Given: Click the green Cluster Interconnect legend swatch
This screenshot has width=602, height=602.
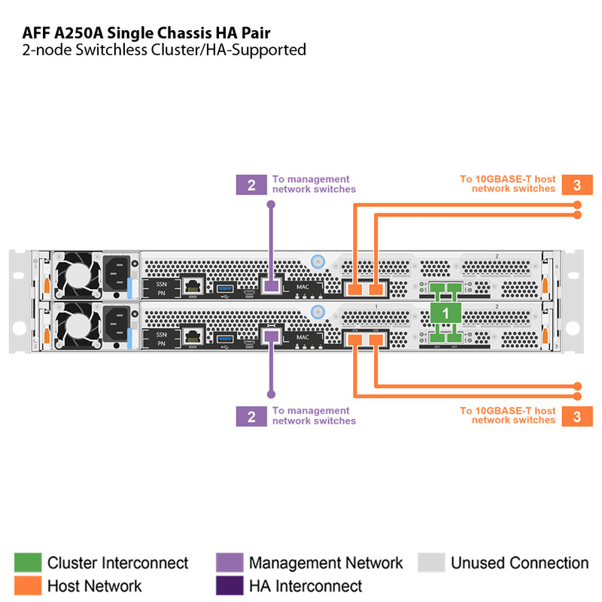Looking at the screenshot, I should click(x=28, y=563).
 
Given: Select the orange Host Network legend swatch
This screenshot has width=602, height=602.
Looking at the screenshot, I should click(x=28, y=585).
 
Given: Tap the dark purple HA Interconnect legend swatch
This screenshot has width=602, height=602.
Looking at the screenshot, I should click(x=230, y=585).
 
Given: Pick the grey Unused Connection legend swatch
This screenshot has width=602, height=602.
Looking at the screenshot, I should click(x=431, y=563).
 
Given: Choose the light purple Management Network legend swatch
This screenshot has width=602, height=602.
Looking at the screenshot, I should click(x=230, y=563).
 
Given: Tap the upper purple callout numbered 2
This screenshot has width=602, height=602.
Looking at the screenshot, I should click(x=251, y=184).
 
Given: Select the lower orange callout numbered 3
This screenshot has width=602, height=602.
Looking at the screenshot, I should click(x=577, y=415).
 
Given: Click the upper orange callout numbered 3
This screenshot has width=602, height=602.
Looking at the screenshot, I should click(x=577, y=184).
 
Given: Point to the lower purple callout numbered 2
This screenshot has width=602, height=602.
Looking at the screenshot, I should click(x=251, y=415).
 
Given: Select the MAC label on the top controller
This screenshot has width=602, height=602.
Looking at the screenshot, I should click(x=303, y=287).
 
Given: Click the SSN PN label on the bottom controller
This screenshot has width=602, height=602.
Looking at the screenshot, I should click(x=160, y=339).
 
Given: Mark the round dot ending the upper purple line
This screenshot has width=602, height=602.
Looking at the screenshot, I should click(x=270, y=205).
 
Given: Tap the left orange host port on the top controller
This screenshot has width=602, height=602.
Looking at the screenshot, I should click(x=355, y=288).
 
